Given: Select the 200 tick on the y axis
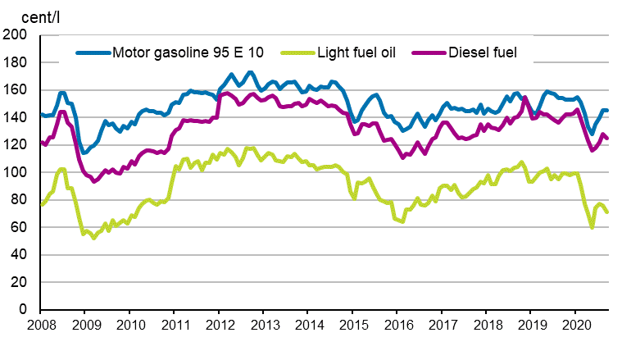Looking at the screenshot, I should click(16, 35).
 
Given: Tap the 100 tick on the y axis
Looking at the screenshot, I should click(16, 172).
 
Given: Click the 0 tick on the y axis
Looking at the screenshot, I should click(22, 310).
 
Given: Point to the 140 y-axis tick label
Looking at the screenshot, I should click(16, 117).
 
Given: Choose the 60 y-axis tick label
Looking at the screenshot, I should click(19, 227).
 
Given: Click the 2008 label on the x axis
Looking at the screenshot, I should click(40, 326).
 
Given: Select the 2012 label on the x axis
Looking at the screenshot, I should click(219, 326).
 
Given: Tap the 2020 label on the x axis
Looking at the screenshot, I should click(575, 326).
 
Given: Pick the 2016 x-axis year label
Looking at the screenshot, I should click(397, 326).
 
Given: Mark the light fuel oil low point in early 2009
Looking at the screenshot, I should click(93, 238).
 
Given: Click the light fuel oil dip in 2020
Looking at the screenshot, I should click(592, 227).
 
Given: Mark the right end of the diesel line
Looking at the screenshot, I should click(607, 139).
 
